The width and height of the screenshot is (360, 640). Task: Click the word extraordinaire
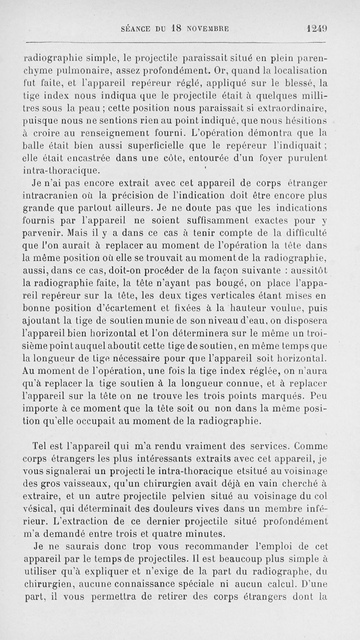point(296,107)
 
